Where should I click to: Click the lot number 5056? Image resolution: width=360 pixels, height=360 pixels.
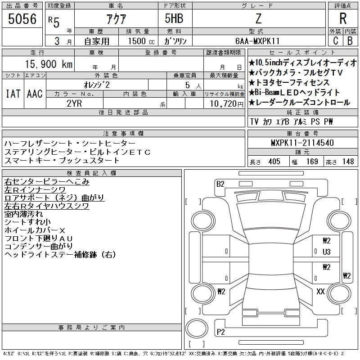tap(22, 19)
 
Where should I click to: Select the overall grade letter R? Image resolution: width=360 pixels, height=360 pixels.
tap(343, 18)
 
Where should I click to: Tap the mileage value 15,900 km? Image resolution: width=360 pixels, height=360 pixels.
tap(49, 64)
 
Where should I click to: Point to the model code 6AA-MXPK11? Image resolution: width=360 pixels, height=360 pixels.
tap(257, 41)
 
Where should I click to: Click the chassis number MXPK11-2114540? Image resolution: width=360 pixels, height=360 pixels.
tap(302, 143)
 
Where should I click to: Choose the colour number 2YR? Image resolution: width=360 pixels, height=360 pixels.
tap(74, 103)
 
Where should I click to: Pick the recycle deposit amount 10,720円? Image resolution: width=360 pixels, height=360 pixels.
tap(227, 104)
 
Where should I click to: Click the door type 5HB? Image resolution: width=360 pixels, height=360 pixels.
tap(174, 18)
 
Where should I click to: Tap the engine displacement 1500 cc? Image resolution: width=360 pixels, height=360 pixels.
tap(141, 41)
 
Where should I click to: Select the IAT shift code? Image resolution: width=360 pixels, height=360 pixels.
tap(13, 94)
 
